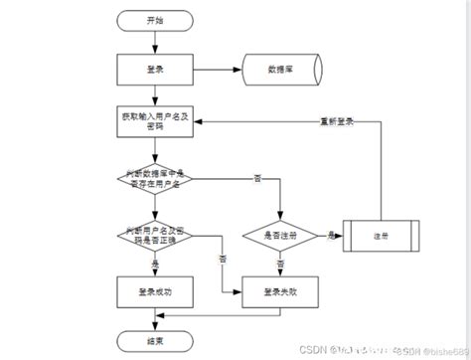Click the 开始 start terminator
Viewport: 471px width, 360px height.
tap(155, 19)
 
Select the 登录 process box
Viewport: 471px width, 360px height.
tap(154, 69)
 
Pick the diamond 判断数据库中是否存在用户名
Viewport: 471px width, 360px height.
tap(154, 177)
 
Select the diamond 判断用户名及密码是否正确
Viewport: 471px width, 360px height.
tap(154, 234)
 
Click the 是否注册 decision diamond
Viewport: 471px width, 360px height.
tap(281, 235)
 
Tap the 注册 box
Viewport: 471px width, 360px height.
tap(382, 235)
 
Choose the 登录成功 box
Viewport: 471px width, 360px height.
tap(154, 291)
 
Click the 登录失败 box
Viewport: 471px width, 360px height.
tap(281, 291)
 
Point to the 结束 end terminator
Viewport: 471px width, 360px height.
tap(154, 340)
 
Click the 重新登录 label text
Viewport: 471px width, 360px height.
tap(339, 123)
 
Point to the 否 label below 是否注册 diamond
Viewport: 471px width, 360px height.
tap(281, 265)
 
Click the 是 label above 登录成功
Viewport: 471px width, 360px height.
tap(155, 265)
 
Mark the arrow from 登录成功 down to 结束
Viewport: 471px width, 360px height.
tap(154, 318)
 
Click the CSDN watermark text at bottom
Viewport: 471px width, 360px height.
tap(344, 349)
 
